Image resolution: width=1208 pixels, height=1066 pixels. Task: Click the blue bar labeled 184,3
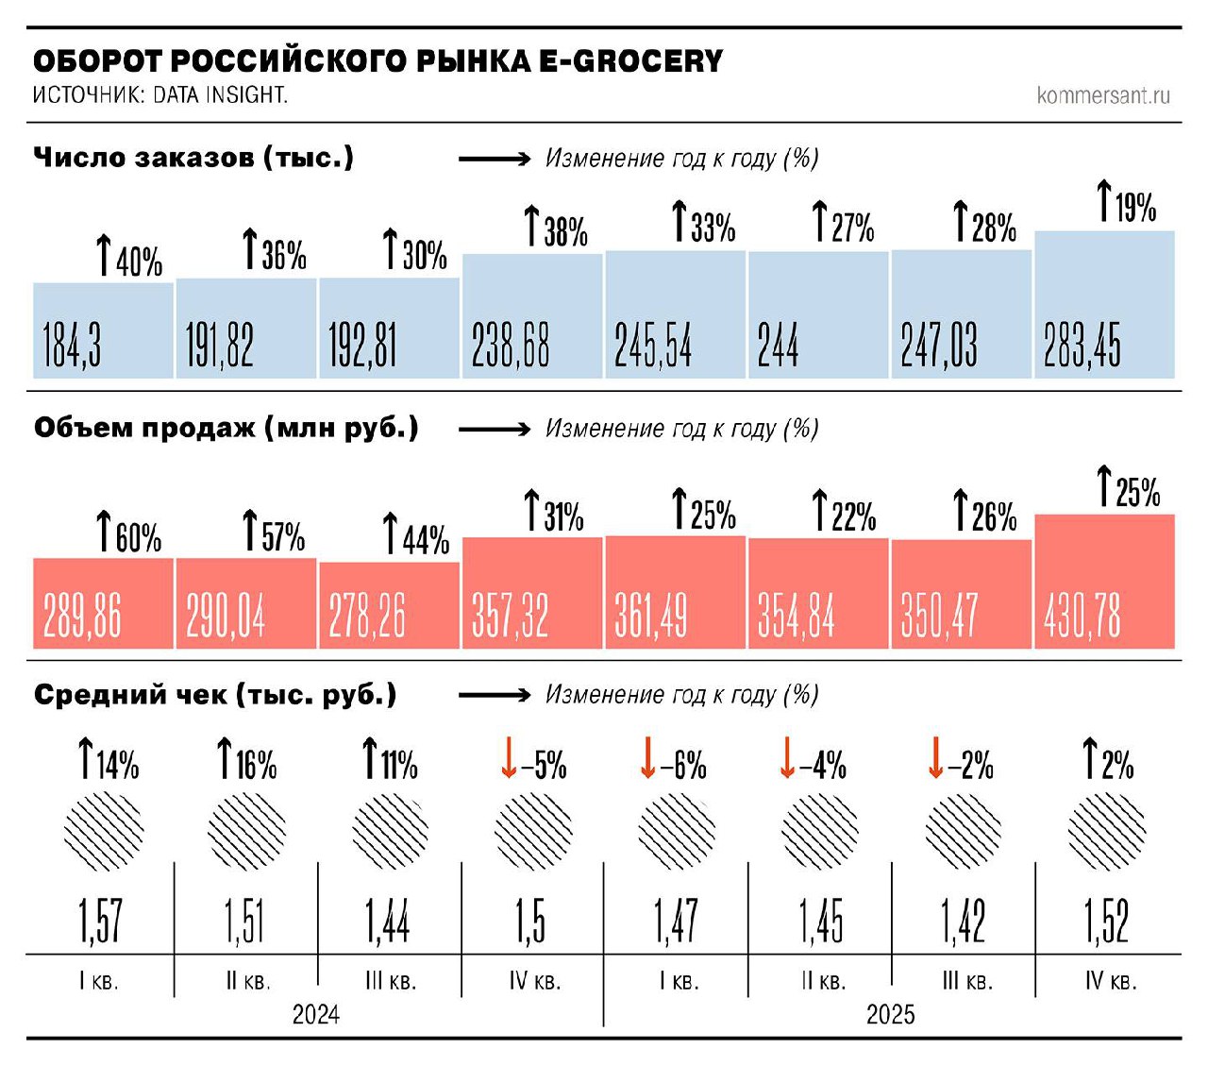click(x=103, y=330)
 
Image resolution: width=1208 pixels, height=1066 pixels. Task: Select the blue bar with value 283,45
click(x=1104, y=304)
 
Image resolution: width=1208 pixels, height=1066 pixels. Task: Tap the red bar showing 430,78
click(x=1104, y=582)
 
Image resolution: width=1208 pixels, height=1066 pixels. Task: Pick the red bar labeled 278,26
click(x=389, y=605)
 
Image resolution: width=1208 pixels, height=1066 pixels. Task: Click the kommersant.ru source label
click(x=1102, y=95)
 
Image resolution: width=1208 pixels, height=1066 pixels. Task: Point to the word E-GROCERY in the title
click(x=630, y=61)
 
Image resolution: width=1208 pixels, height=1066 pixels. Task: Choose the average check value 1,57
click(x=100, y=921)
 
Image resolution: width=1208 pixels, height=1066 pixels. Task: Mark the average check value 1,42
click(x=963, y=921)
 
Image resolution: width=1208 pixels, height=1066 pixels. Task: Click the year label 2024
click(x=315, y=1014)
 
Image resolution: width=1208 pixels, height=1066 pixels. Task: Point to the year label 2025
click(x=890, y=1014)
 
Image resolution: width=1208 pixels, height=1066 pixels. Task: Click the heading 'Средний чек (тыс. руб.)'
click(x=215, y=695)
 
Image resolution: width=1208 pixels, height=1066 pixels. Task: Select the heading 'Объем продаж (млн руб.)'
click(x=226, y=428)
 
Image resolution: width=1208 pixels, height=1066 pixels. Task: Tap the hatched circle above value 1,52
click(x=1106, y=832)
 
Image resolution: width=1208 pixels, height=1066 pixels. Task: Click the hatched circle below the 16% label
click(x=246, y=832)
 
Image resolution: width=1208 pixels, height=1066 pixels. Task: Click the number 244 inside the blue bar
click(x=778, y=345)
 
